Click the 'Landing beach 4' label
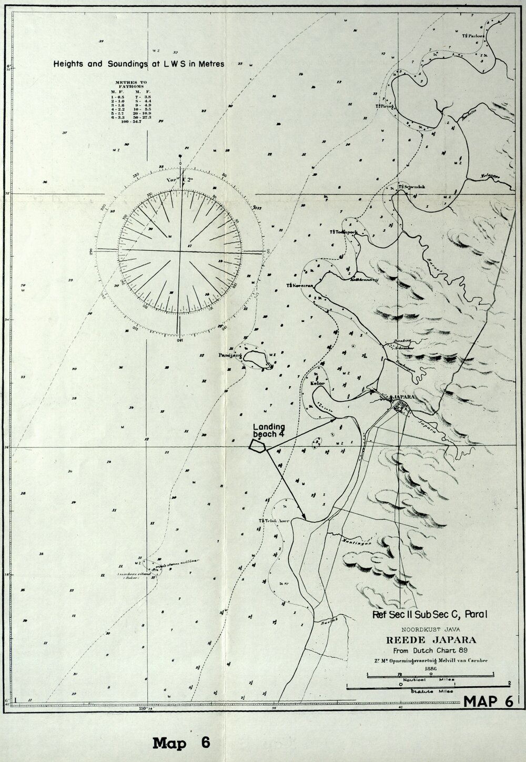point(269,430)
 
